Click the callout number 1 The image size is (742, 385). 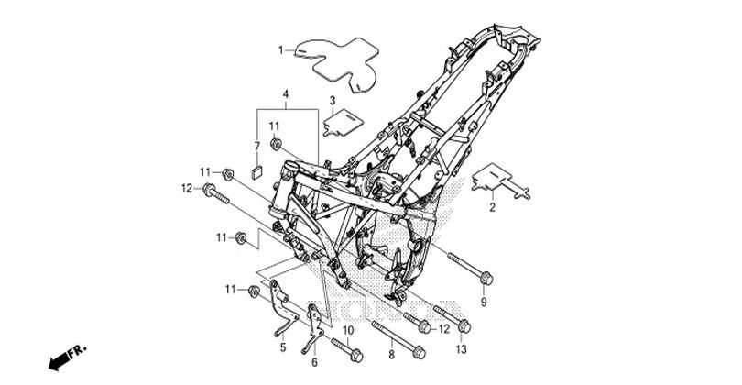(x=280, y=49)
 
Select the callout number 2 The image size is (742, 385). (x=492, y=207)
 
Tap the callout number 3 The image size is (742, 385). (x=333, y=101)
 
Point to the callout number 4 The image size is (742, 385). (x=286, y=93)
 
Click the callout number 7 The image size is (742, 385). (x=257, y=146)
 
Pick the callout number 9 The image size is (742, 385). (x=484, y=302)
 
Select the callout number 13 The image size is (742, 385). (x=461, y=349)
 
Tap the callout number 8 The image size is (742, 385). (x=391, y=354)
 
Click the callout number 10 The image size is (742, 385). (x=348, y=330)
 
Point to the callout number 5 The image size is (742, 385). (x=283, y=347)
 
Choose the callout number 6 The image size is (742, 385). (x=314, y=362)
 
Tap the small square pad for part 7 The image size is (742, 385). (x=257, y=171)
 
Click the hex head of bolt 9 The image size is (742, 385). (x=486, y=279)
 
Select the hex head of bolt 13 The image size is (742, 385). (x=464, y=325)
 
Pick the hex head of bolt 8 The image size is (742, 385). (x=419, y=353)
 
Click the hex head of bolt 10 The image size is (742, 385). (x=357, y=354)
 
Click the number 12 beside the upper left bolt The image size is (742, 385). (x=187, y=189)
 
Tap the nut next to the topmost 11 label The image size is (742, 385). (x=275, y=142)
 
